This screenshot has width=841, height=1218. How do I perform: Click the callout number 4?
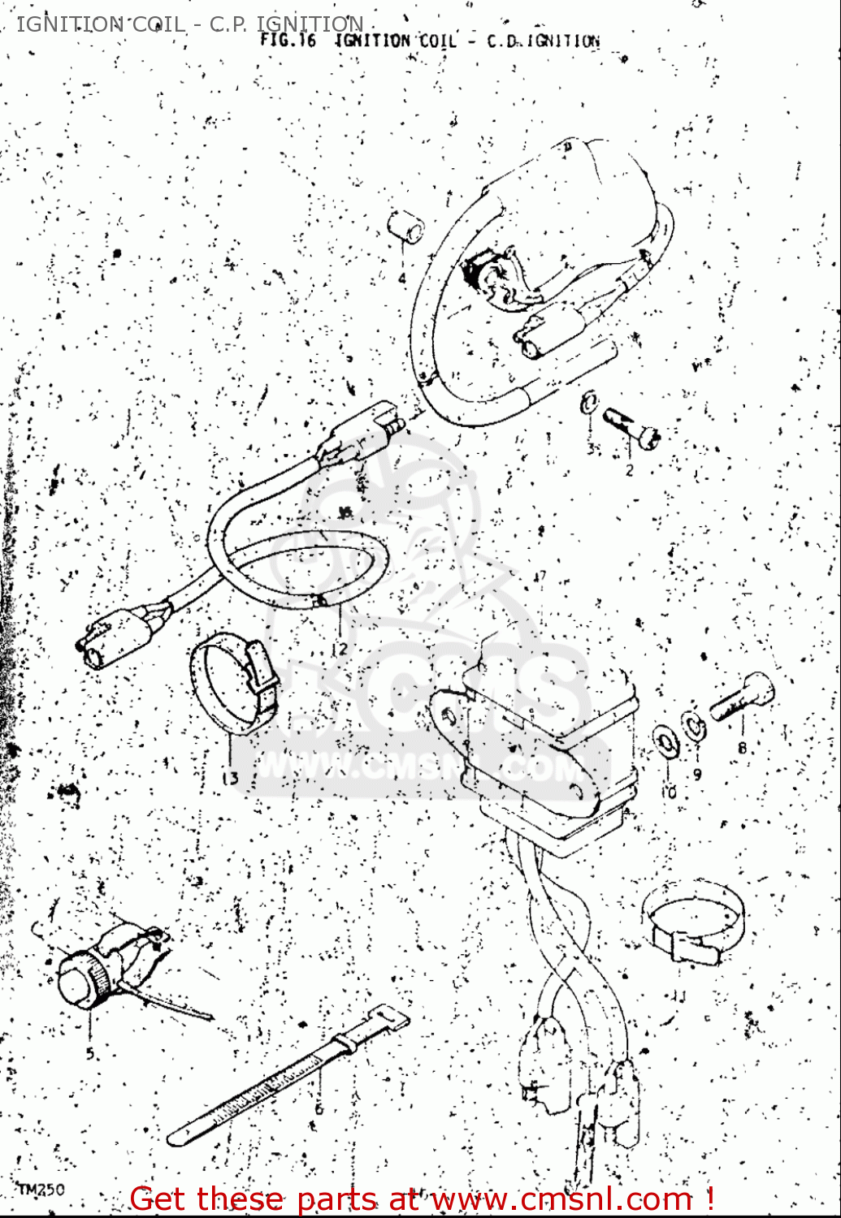tap(401, 279)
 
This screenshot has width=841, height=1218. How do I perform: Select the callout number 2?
tap(629, 469)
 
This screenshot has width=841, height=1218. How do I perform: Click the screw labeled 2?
tap(631, 427)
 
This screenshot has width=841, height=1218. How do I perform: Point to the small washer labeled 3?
tap(588, 402)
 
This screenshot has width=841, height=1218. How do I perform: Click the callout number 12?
tap(339, 648)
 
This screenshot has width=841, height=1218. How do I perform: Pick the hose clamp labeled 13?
tap(234, 685)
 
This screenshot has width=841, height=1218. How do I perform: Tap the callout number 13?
tap(231, 778)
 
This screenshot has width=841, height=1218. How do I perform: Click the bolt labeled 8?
tap(742, 698)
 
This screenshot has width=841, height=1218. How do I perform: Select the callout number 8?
tap(741, 748)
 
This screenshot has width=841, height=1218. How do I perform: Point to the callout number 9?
tap(697, 774)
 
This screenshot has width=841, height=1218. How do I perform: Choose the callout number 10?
tap(669, 790)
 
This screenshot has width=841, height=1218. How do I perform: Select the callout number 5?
tap(90, 1053)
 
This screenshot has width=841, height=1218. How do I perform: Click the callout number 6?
tap(319, 1108)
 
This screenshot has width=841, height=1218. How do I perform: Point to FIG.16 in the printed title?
tap(288, 40)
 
